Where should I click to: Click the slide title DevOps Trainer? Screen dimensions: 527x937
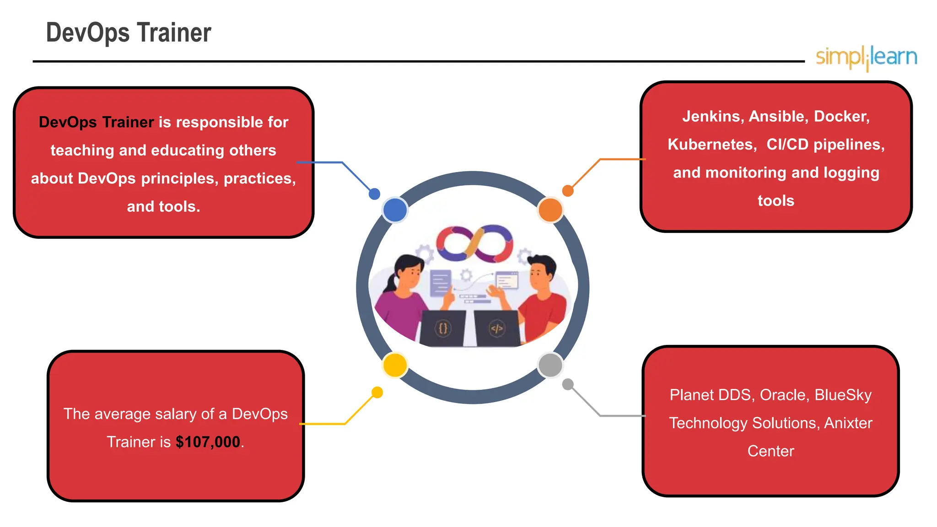point(129,33)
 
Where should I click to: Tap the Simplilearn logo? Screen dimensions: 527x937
point(866,58)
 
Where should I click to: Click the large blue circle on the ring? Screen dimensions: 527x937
point(395,210)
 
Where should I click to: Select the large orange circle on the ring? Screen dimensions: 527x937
point(550,210)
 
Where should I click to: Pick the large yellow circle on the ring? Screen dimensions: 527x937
point(395,365)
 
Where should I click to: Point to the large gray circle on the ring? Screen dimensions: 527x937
point(550,365)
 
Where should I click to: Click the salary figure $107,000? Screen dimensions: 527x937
point(208,442)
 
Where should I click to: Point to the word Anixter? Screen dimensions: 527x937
point(848,423)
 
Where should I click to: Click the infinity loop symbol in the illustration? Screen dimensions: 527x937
point(474,243)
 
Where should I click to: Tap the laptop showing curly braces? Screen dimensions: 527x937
point(442,328)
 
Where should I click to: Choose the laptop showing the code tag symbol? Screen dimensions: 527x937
point(497,328)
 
